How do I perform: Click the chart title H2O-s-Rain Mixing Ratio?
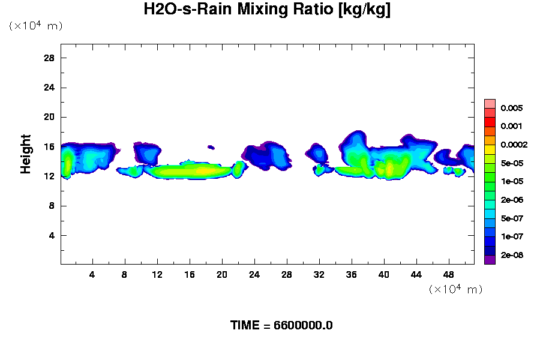(x=267, y=10)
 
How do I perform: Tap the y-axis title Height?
(x=25, y=161)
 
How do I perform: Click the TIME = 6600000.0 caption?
(x=281, y=325)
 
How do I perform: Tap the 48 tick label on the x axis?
(x=448, y=275)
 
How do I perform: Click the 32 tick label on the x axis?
(x=319, y=275)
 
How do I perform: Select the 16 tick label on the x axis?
(x=190, y=275)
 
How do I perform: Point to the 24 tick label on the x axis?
(x=254, y=275)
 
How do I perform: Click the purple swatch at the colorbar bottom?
(x=490, y=260)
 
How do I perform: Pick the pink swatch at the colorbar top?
(x=490, y=103)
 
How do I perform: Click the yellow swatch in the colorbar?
(x=490, y=149)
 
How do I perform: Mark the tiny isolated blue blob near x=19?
(x=211, y=146)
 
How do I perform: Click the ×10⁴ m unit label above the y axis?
(x=35, y=26)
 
